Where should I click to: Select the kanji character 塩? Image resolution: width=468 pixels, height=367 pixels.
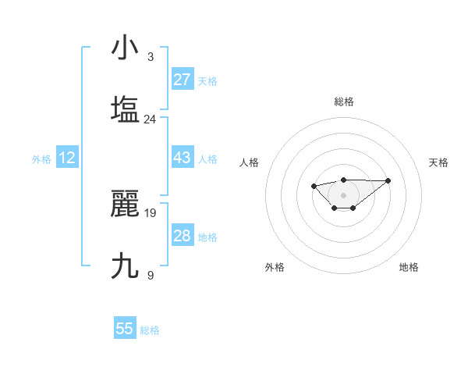(125, 109)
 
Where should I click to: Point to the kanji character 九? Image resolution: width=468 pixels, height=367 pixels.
(125, 265)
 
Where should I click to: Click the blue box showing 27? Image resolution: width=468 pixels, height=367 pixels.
(182, 80)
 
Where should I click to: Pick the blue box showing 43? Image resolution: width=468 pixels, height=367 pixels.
(182, 158)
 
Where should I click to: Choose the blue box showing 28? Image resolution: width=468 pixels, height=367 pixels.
(182, 236)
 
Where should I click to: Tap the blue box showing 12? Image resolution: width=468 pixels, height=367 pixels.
(67, 158)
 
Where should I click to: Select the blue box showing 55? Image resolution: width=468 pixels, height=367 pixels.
(125, 329)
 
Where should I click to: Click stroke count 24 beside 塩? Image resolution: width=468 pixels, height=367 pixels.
(150, 119)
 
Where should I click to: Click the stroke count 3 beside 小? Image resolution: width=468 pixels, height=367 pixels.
(150, 57)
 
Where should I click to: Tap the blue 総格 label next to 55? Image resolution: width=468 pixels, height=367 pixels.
(150, 330)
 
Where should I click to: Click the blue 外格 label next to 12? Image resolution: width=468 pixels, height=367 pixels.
(41, 159)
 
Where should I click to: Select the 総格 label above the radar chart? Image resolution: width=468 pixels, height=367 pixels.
(344, 102)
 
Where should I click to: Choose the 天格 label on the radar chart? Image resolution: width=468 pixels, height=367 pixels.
(438, 162)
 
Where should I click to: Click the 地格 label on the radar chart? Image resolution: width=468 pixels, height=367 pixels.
(409, 267)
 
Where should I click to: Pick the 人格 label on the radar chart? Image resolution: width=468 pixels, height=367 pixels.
(250, 162)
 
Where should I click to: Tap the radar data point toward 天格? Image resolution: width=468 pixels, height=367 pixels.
(388, 180)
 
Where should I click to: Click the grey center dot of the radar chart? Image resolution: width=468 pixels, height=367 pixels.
(343, 194)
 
